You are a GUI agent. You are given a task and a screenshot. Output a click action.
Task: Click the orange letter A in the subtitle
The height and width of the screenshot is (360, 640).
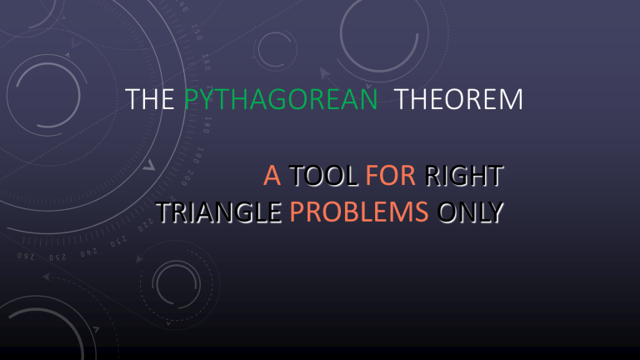point(272,177)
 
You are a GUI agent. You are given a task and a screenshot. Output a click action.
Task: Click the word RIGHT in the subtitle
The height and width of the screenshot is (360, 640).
point(463,177)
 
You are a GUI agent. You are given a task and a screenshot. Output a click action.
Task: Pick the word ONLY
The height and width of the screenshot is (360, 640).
point(472,213)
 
